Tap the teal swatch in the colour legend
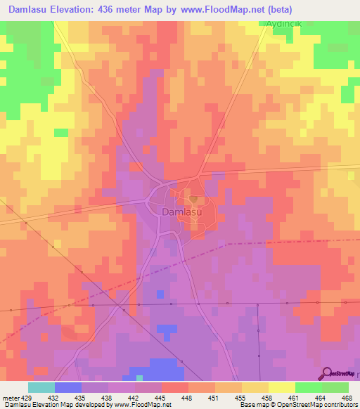(41, 387)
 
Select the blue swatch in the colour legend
(67, 387)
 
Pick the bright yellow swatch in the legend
(281, 387)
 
